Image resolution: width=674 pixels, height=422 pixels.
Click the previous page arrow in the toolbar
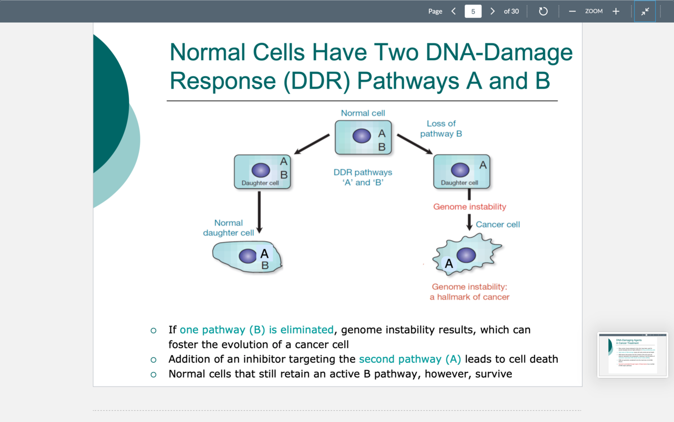(453, 11)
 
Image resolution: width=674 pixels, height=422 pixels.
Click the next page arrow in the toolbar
(493, 11)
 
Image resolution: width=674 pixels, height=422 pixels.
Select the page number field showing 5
(473, 11)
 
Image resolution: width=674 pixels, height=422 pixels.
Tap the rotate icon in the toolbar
(543, 11)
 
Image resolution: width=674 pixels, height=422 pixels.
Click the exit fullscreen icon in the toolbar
(645, 11)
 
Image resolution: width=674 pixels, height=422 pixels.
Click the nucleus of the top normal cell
(362, 136)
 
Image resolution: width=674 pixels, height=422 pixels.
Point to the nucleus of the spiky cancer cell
(466, 255)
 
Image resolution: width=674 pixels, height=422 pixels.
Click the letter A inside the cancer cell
(449, 264)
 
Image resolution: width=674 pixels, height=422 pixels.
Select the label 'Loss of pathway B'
(441, 129)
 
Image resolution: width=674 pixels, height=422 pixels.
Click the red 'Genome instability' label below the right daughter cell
(469, 206)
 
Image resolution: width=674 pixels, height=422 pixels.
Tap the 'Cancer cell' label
(498, 224)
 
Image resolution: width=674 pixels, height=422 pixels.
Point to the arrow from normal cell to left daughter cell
(312, 144)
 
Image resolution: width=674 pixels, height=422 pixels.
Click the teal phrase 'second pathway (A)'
(410, 359)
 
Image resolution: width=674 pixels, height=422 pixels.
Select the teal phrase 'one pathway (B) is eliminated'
(256, 330)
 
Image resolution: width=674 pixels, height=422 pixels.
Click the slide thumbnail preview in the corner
(633, 355)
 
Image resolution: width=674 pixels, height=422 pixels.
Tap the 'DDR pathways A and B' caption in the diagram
(363, 177)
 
